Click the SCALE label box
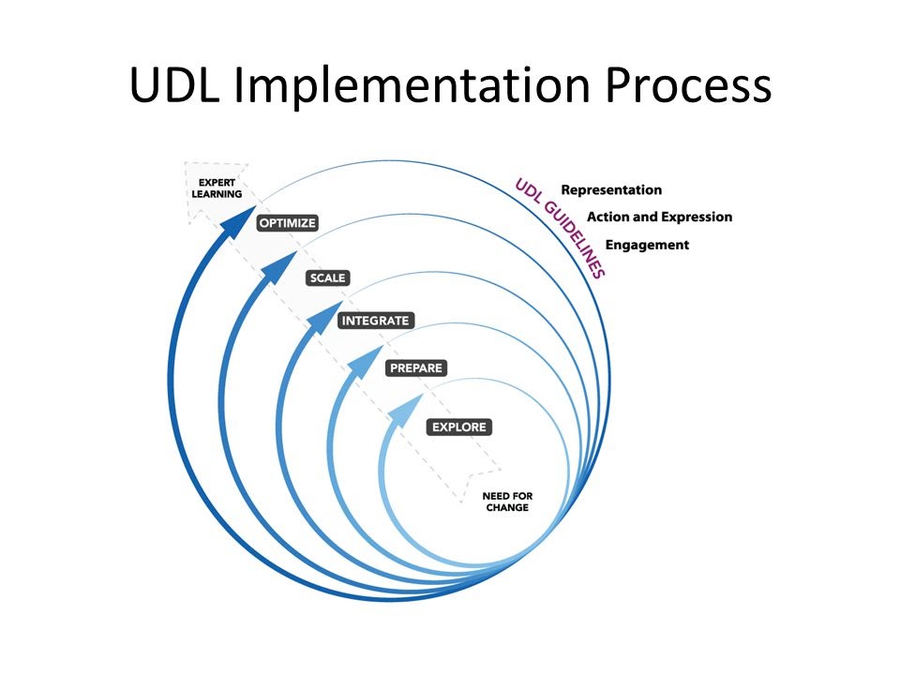coord(327,277)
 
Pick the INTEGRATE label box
coord(375,321)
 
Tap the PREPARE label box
coord(415,368)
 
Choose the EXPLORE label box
coord(458,427)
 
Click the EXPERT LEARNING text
coord(217,188)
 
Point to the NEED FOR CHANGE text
coord(507,502)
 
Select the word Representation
coord(611,190)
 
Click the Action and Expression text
coord(659,217)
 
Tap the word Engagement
coord(647,245)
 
